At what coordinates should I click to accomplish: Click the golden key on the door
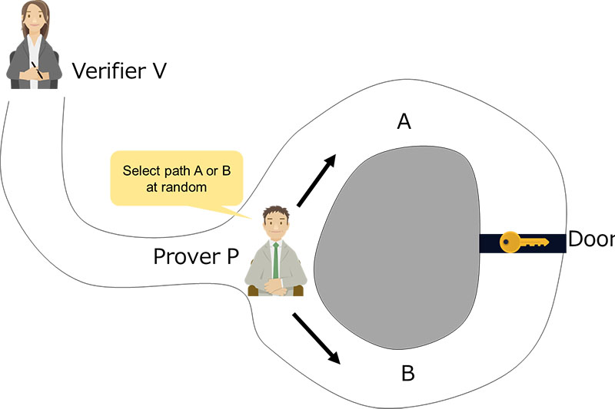(x=524, y=242)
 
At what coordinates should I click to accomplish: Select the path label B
(x=408, y=374)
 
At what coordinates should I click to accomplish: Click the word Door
(x=590, y=240)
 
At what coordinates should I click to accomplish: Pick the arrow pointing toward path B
(x=316, y=338)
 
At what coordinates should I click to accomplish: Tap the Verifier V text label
(x=119, y=71)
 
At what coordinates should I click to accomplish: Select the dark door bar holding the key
(x=523, y=243)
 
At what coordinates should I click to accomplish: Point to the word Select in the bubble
(x=139, y=170)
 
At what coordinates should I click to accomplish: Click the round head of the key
(x=510, y=242)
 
